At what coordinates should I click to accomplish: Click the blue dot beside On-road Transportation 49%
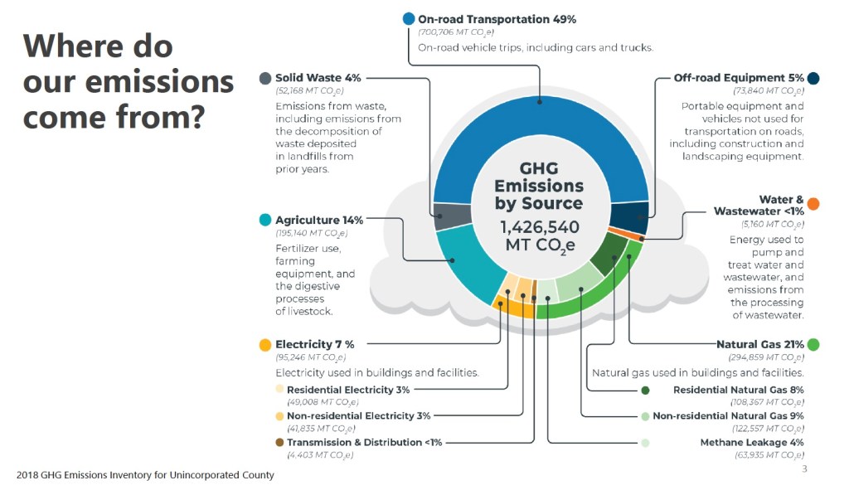click(408, 19)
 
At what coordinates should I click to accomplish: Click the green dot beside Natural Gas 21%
click(813, 344)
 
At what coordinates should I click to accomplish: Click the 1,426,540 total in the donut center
click(539, 227)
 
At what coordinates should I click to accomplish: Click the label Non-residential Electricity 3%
click(358, 416)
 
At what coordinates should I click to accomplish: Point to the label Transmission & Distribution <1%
click(364, 443)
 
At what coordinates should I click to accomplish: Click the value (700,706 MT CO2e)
click(456, 32)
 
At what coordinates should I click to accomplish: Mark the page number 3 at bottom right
click(804, 469)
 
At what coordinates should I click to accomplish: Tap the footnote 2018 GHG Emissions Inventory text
click(145, 475)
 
